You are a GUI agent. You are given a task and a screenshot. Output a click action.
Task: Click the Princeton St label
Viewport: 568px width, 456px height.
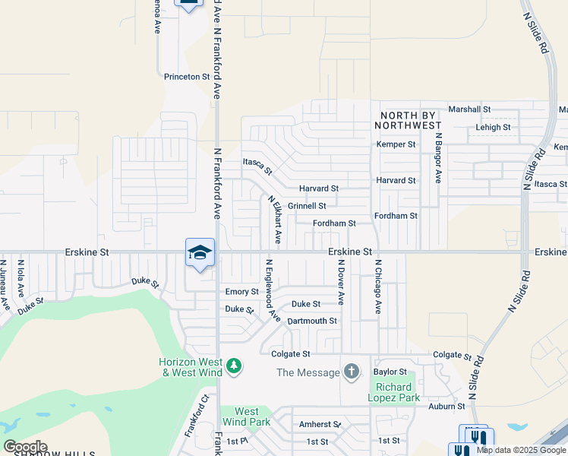[186, 77]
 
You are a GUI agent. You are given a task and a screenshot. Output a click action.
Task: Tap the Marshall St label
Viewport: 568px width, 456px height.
[469, 109]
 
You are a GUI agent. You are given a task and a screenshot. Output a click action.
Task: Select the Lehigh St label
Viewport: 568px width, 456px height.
[493, 127]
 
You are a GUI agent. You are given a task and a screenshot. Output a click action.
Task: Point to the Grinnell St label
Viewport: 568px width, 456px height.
[307, 206]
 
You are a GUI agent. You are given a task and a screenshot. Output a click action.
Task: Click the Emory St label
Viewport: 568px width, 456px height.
[241, 292]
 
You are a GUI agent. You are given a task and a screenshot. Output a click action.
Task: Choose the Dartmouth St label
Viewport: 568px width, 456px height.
[312, 321]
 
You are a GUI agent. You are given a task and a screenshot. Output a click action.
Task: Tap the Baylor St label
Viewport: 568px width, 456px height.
[390, 372]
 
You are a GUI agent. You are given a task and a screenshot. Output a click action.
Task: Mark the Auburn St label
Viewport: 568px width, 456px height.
[446, 407]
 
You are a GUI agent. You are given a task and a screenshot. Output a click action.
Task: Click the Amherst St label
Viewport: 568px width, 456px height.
[320, 425]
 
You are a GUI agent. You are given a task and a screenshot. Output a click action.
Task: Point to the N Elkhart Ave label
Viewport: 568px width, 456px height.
[274, 220]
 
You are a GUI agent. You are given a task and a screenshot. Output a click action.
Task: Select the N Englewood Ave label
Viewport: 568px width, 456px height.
[271, 290]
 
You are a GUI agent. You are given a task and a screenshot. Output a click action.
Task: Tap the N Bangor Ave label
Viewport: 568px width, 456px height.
[438, 158]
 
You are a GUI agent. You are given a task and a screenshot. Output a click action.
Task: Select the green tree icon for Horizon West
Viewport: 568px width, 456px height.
[234, 367]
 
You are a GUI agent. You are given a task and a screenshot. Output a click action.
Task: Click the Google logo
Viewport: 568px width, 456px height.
[25, 447]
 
